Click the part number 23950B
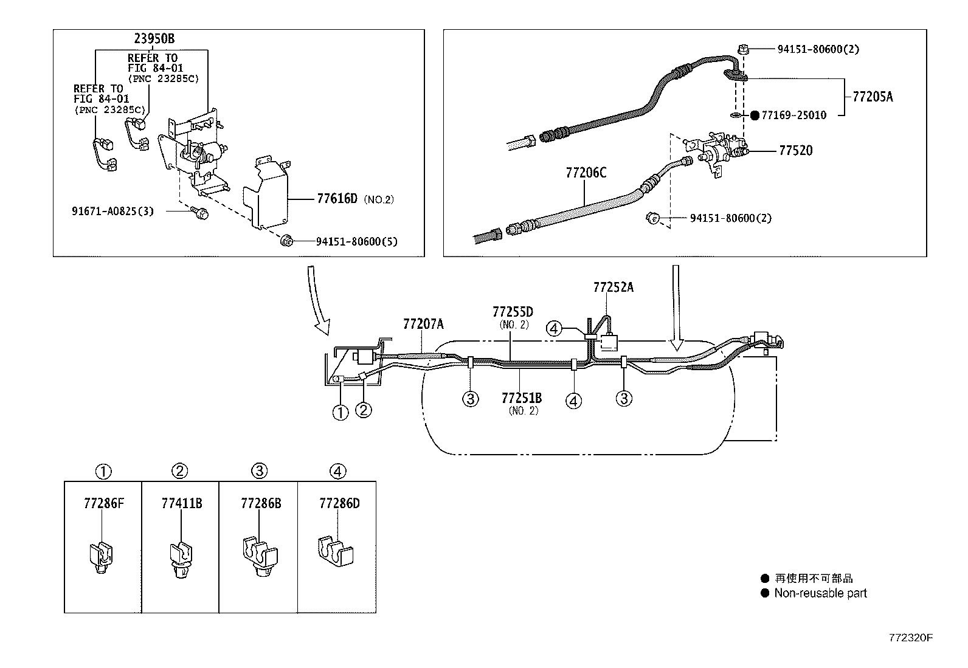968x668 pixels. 154,39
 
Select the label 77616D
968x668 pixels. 337,199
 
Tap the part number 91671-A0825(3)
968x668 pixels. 112,212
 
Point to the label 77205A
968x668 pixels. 873,97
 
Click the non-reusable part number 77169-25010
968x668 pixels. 793,115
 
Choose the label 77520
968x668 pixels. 795,150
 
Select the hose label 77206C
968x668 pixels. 586,173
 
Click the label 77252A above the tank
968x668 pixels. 613,287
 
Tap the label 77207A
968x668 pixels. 423,324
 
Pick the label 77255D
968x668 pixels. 513,312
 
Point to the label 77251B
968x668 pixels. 522,398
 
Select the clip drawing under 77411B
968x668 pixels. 180,558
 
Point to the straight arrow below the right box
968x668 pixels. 676,307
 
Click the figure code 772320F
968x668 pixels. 910,638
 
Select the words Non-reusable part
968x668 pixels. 820,593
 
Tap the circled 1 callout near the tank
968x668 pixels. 341,412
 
